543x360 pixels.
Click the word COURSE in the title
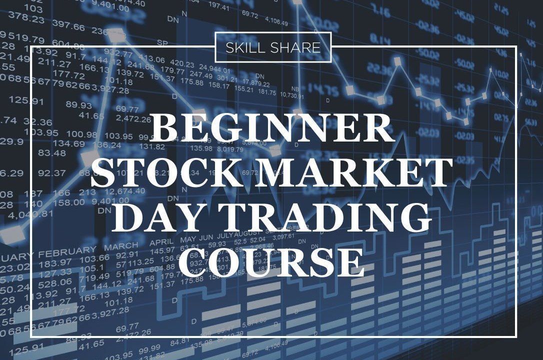271,261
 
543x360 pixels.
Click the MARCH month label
121,246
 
